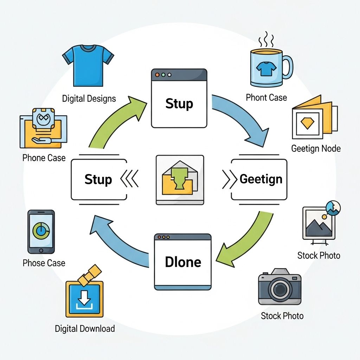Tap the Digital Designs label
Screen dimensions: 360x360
pyautogui.click(x=89, y=98)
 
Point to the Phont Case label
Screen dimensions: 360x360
pyautogui.click(x=266, y=97)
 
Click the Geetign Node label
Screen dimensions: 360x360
pyautogui.click(x=316, y=148)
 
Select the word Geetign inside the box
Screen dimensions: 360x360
pyautogui.click(x=261, y=179)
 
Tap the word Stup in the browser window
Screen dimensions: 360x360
pyautogui.click(x=179, y=104)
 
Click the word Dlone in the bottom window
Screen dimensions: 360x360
pyautogui.click(x=183, y=262)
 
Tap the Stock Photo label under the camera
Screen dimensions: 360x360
pyautogui.click(x=282, y=316)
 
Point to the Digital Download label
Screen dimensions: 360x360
pyautogui.click(x=85, y=329)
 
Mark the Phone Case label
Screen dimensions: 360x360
pyautogui.click(x=44, y=158)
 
